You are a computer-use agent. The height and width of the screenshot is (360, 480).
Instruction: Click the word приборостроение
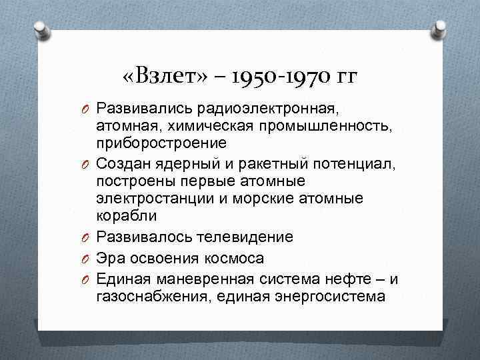click(161, 143)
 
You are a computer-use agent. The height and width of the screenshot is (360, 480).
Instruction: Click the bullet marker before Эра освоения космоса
click(87, 259)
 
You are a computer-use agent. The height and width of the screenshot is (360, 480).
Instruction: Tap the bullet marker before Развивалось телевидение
click(87, 237)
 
